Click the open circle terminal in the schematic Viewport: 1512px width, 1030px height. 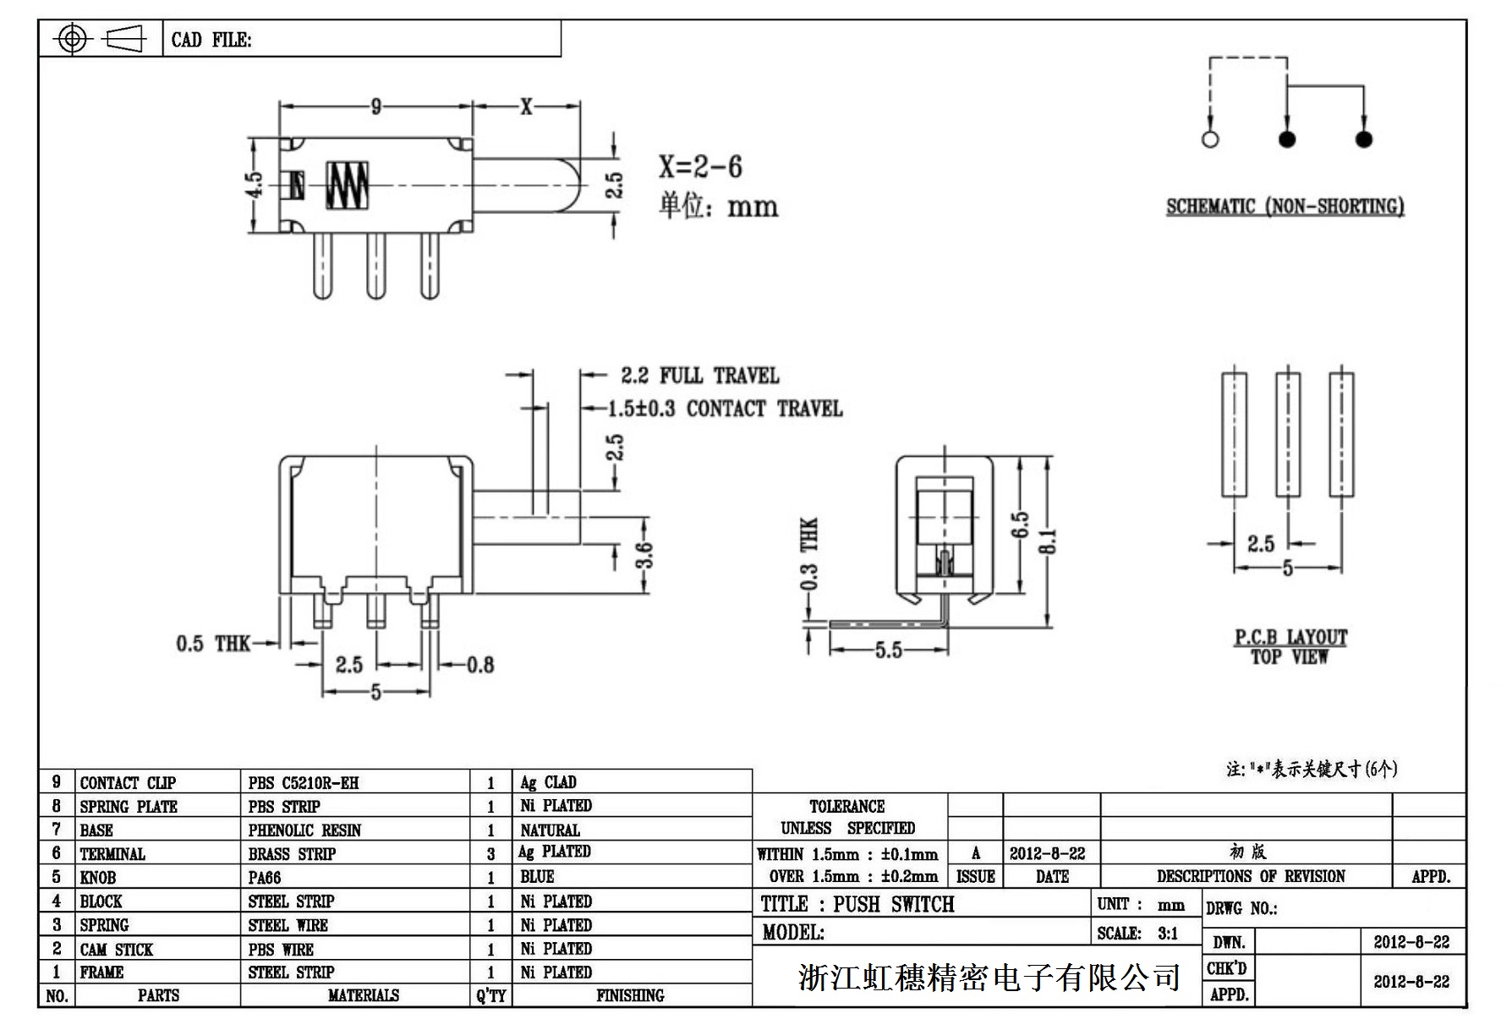click(x=1210, y=140)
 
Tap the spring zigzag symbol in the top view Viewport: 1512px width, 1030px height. click(x=348, y=185)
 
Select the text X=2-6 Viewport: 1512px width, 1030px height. click(x=700, y=167)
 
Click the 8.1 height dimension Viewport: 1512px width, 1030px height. click(x=1048, y=541)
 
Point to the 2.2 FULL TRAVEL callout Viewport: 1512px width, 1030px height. click(x=699, y=375)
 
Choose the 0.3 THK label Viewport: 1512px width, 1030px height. click(x=809, y=554)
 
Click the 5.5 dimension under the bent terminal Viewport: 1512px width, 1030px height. click(x=888, y=650)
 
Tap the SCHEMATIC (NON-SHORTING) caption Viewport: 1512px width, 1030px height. click(x=1285, y=206)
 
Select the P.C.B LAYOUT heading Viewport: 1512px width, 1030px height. click(x=1290, y=638)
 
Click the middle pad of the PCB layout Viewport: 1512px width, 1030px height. click(x=1287, y=434)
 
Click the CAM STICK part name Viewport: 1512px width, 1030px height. click(x=117, y=950)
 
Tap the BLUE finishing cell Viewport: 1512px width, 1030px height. click(x=538, y=877)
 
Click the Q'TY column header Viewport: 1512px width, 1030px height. click(x=490, y=996)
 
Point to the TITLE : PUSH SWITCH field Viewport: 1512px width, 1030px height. click(x=857, y=905)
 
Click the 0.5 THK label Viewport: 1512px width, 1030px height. click(x=213, y=644)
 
